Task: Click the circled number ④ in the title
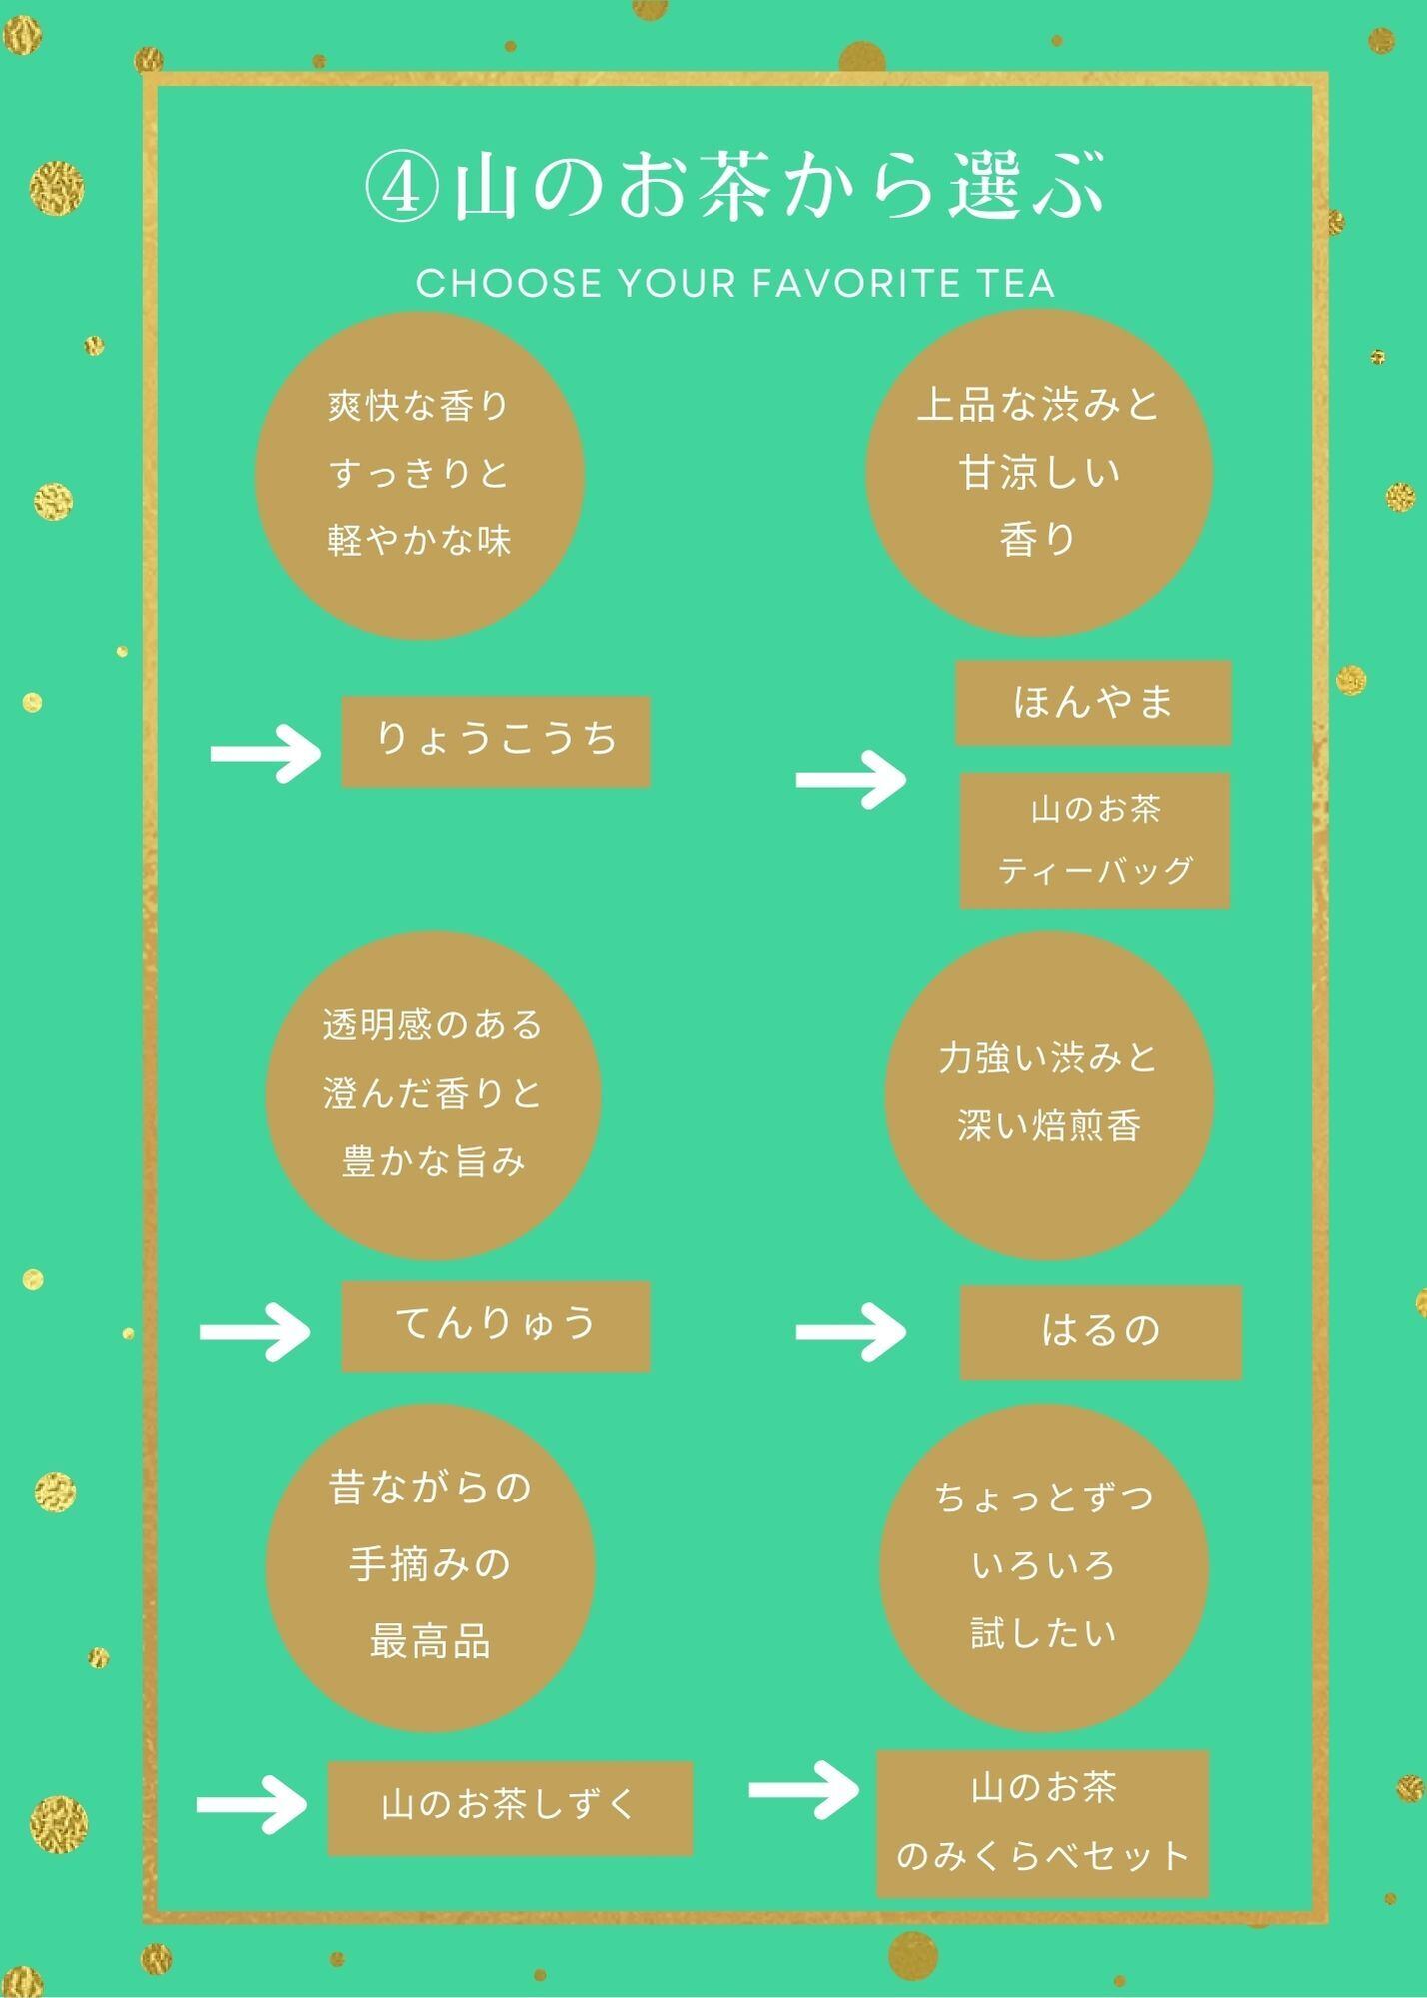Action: [x=401, y=187]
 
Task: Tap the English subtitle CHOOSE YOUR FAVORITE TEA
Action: [x=735, y=283]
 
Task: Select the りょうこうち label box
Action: [x=496, y=741]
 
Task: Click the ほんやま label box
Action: [x=1093, y=702]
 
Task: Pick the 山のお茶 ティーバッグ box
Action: [x=1095, y=840]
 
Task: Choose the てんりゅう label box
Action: [x=496, y=1325]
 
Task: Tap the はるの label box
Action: [x=1100, y=1332]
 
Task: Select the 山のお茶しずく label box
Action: [x=510, y=1808]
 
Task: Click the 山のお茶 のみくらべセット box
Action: [x=1043, y=1823]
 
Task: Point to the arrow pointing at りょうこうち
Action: [x=266, y=753]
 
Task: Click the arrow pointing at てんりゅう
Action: [x=256, y=1331]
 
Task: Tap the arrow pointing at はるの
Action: [x=851, y=1331]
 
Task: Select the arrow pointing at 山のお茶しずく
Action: [x=252, y=1804]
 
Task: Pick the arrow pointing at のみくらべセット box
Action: [x=804, y=1789]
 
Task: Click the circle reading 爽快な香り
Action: [x=420, y=475]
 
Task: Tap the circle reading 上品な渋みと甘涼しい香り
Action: [x=1039, y=473]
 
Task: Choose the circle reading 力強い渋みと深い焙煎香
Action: [x=1049, y=1094]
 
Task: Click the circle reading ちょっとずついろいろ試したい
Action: [x=1044, y=1566]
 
